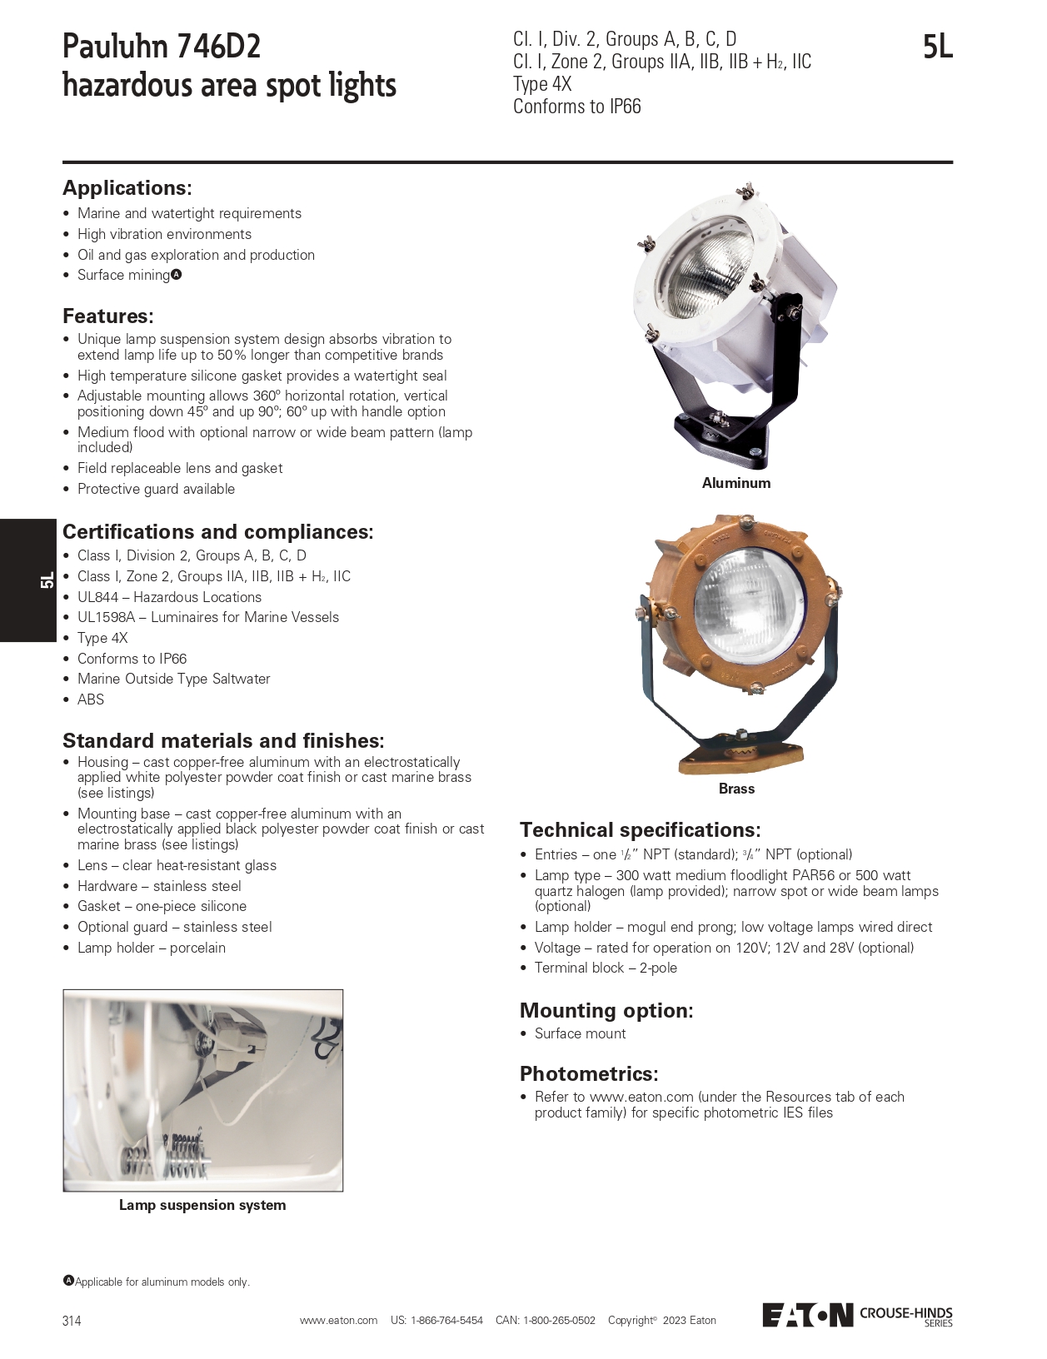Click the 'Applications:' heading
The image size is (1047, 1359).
tap(127, 188)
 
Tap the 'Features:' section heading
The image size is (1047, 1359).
tap(108, 316)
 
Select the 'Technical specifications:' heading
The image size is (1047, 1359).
tap(640, 830)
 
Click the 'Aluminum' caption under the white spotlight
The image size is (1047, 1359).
tap(736, 483)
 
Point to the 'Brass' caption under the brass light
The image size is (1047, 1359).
tap(736, 789)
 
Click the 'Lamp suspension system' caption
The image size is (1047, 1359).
tap(202, 1205)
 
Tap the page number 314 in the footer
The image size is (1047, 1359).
tap(72, 1321)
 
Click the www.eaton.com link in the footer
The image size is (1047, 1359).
tap(338, 1321)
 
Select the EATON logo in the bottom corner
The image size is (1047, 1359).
tap(807, 1315)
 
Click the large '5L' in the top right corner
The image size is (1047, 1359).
tap(937, 47)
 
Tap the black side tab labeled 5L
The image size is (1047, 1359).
tap(28, 580)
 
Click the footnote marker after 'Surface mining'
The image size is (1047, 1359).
tap(177, 275)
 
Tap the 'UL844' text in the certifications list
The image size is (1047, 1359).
tap(97, 597)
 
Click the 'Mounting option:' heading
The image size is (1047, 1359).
tap(606, 1011)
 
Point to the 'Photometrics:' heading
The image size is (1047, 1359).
tap(589, 1074)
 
